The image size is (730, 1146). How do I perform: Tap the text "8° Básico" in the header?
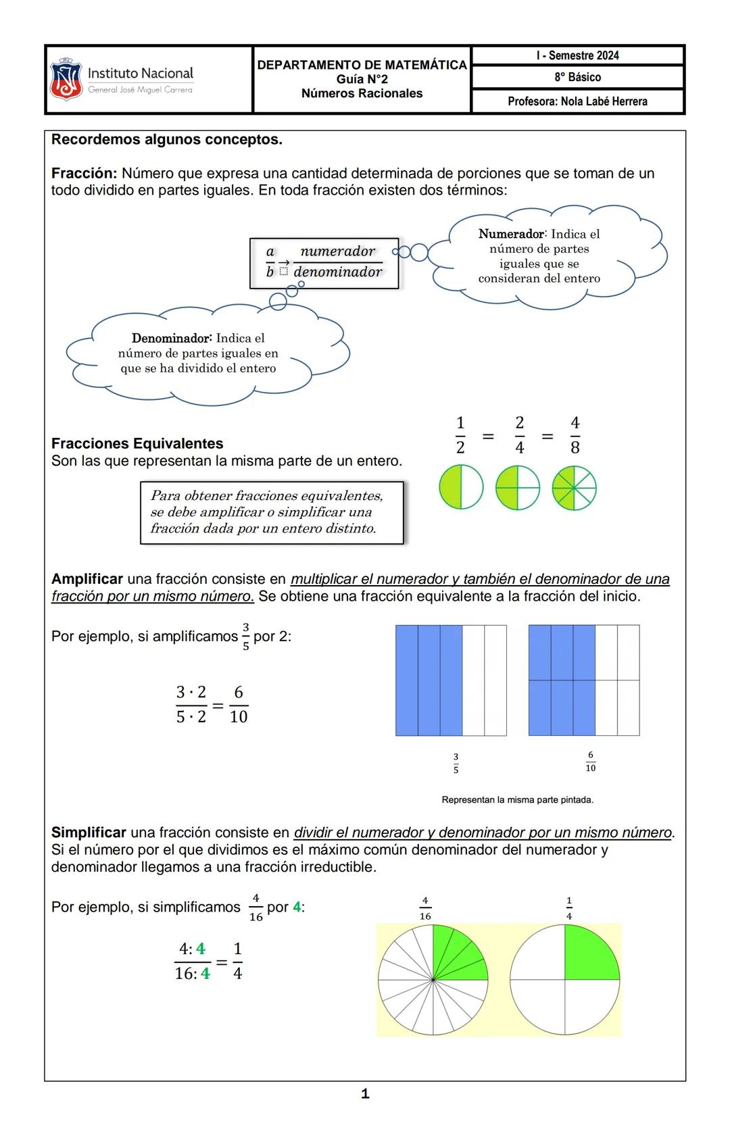point(577,77)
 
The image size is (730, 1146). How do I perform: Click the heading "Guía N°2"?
point(362,80)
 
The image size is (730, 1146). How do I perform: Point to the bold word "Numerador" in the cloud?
point(511,234)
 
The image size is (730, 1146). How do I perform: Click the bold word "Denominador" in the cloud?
point(172,338)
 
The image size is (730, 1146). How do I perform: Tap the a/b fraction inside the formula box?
point(270,261)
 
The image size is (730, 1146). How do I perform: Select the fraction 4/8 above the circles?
point(575,435)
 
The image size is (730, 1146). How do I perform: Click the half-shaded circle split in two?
point(461,488)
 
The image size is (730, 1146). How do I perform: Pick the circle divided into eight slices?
point(574,488)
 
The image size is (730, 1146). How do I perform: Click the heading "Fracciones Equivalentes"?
point(137,443)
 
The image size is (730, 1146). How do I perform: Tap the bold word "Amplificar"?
point(87,579)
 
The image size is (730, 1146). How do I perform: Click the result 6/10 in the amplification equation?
point(239,704)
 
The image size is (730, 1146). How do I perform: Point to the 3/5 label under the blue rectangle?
point(456,764)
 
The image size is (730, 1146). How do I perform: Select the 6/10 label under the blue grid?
point(590,762)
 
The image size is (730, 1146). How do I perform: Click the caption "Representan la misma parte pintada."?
point(517,800)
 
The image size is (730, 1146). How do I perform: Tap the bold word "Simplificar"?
point(89,832)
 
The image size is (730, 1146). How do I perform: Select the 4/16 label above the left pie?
point(425,908)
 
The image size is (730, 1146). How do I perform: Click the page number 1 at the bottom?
point(365,1094)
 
